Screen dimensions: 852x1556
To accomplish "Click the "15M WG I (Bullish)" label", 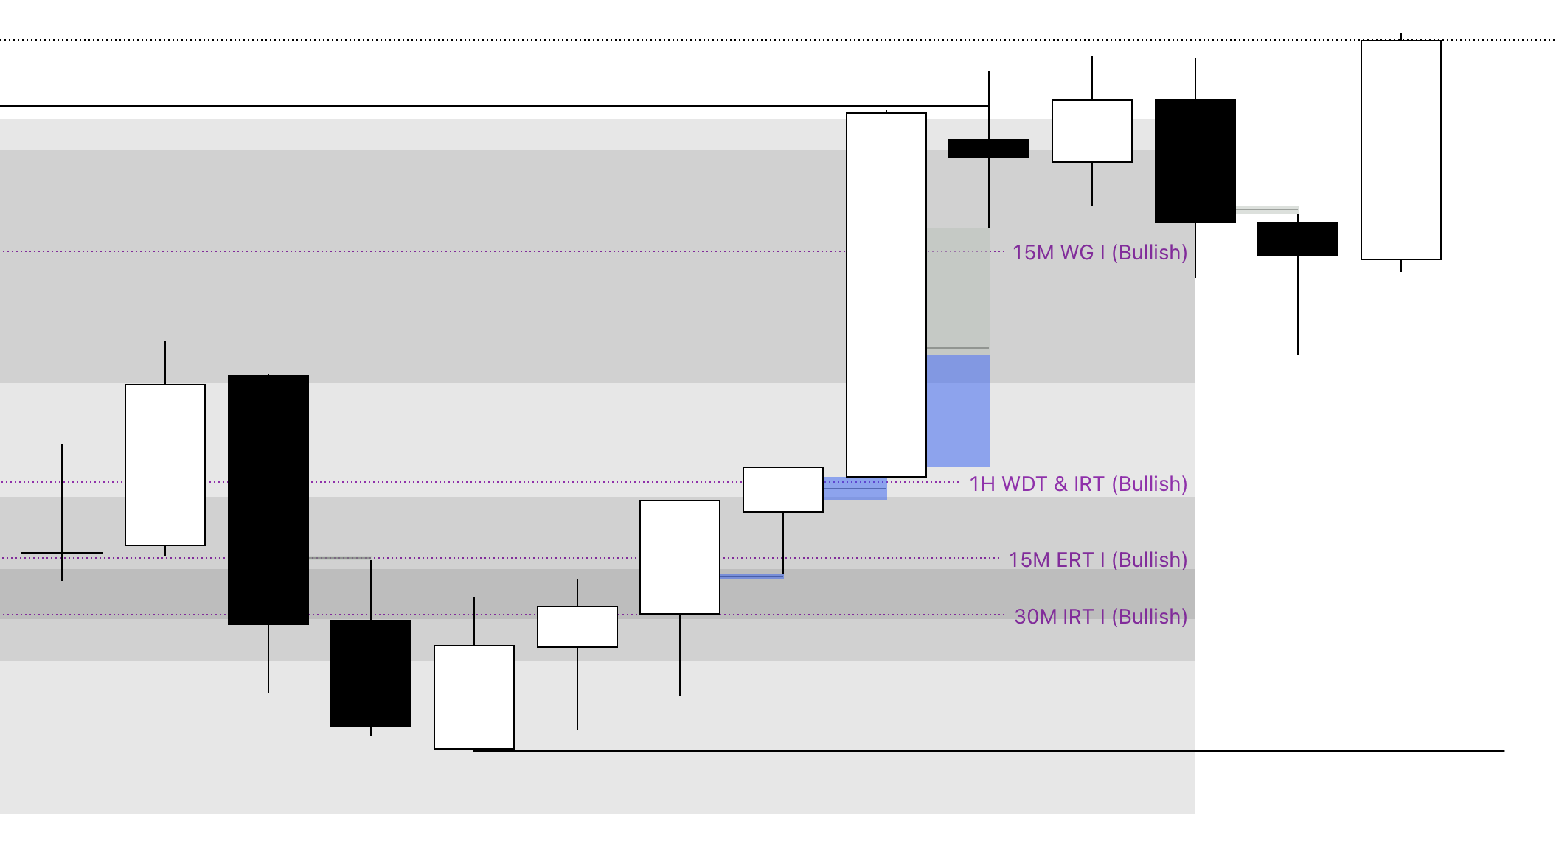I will pyautogui.click(x=1100, y=253).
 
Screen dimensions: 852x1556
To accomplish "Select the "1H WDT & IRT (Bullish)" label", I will pyautogui.click(x=1078, y=484).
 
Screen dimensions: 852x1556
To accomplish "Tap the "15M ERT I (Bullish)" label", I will pyautogui.click(x=1097, y=560).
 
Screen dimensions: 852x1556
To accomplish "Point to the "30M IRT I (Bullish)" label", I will pyautogui.click(x=1100, y=617).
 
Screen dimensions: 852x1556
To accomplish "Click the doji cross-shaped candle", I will pyautogui.click(x=62, y=552).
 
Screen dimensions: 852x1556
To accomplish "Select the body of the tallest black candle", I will pyautogui.click(x=268, y=500).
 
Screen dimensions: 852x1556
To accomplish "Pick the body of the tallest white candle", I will pyautogui.click(x=886, y=295).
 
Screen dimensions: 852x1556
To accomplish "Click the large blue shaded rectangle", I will pyautogui.click(x=958, y=410).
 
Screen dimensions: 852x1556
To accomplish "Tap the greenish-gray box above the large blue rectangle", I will pyautogui.click(x=958, y=287).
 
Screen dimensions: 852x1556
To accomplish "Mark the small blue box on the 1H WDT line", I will pyautogui.click(x=855, y=489).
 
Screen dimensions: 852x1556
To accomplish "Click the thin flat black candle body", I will pyautogui.click(x=988, y=149).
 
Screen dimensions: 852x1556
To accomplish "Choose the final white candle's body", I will pyautogui.click(x=1400, y=150).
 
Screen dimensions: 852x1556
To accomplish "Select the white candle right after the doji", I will pyautogui.click(x=165, y=464).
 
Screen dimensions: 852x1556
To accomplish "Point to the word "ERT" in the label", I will pyautogui.click(x=1072, y=560).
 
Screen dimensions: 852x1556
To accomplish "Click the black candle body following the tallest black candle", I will pyautogui.click(x=371, y=673).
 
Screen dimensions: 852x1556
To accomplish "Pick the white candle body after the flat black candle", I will pyautogui.click(x=1091, y=131).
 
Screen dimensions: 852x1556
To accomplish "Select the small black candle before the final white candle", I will pyautogui.click(x=1297, y=239).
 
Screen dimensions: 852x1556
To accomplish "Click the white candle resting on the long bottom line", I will pyautogui.click(x=474, y=696).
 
